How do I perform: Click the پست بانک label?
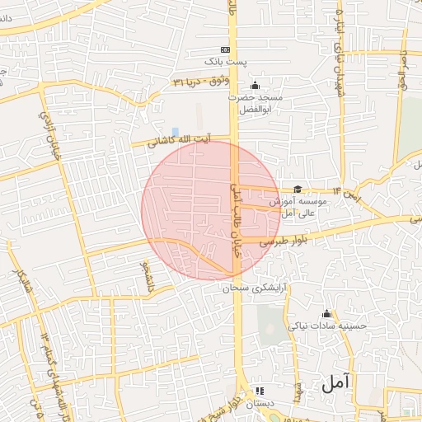(226, 63)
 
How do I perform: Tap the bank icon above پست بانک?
(226, 49)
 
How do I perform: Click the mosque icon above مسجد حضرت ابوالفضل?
(254, 85)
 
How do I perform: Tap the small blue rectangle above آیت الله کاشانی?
(176, 132)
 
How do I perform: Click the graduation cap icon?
(297, 190)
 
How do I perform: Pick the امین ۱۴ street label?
(352, 196)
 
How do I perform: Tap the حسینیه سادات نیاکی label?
(326, 326)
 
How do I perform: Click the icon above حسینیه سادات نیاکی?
(327, 313)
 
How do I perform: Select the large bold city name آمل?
(337, 382)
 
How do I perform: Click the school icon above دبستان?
(261, 392)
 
